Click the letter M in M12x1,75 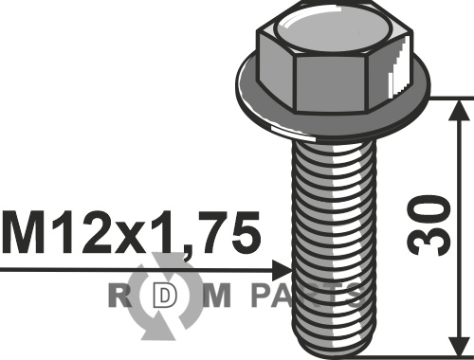point(23,233)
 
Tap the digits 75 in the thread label point(234,233)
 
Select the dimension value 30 point(428,225)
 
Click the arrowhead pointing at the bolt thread point(282,270)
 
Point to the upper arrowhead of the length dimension point(459,111)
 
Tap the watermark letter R point(119,296)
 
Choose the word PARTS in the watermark point(308,296)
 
